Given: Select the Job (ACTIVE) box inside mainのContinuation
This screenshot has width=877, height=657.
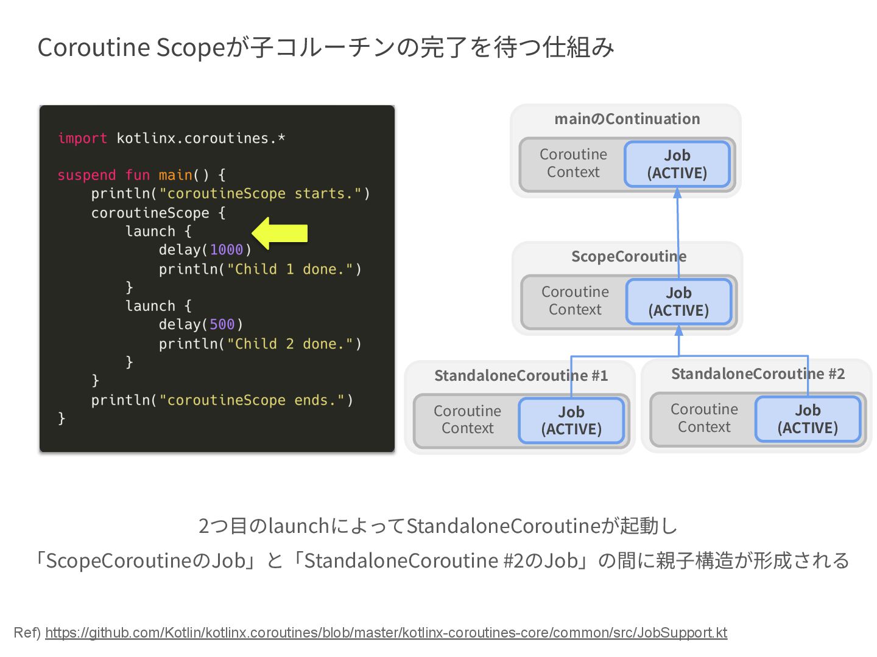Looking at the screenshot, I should pyautogui.click(x=677, y=164).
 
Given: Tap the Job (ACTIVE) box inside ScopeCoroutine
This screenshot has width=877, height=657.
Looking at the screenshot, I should pyautogui.click(x=678, y=302).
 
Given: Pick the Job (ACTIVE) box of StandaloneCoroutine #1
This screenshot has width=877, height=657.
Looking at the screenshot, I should pyautogui.click(x=571, y=420).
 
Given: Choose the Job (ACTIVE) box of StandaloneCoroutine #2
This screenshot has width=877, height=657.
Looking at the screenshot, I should pyautogui.click(x=808, y=419).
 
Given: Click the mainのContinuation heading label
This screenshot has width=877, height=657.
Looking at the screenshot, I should pyautogui.click(x=627, y=119).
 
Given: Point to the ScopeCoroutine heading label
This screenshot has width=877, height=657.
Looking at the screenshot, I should pyautogui.click(x=629, y=257).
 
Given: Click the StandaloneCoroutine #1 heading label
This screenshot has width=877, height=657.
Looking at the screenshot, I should pyautogui.click(x=521, y=376).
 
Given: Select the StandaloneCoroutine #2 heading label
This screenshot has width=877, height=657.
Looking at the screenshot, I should pyautogui.click(x=758, y=374).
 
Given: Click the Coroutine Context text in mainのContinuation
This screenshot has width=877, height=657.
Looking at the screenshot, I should pyautogui.click(x=573, y=163).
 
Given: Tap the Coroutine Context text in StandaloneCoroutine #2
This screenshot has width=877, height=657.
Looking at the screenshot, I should pyautogui.click(x=704, y=418).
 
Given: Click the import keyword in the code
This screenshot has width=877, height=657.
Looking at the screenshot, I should pyautogui.click(x=82, y=139).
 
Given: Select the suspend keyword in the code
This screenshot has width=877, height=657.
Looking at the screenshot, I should pyautogui.click(x=86, y=175).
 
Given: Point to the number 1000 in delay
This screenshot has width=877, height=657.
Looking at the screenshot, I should pyautogui.click(x=227, y=250).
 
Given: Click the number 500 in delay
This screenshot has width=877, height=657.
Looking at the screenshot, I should pyautogui.click(x=222, y=325).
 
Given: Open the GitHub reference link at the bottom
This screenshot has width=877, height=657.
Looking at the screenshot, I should pyautogui.click(x=386, y=633).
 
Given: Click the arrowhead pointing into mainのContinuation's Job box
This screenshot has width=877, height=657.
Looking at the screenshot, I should pyautogui.click(x=677, y=193).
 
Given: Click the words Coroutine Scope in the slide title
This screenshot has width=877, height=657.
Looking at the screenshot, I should pyautogui.click(x=132, y=47).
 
